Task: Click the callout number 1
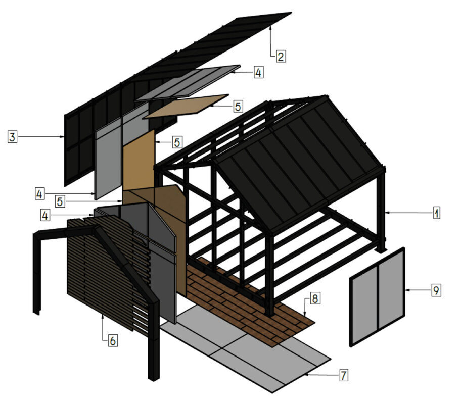coord(436,213)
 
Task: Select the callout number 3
coord(13,136)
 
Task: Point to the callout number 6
coord(113,341)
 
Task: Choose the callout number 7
coord(344,375)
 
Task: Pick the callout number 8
coord(314,299)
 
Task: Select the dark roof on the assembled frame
coord(298,162)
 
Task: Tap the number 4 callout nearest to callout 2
coord(258,73)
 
